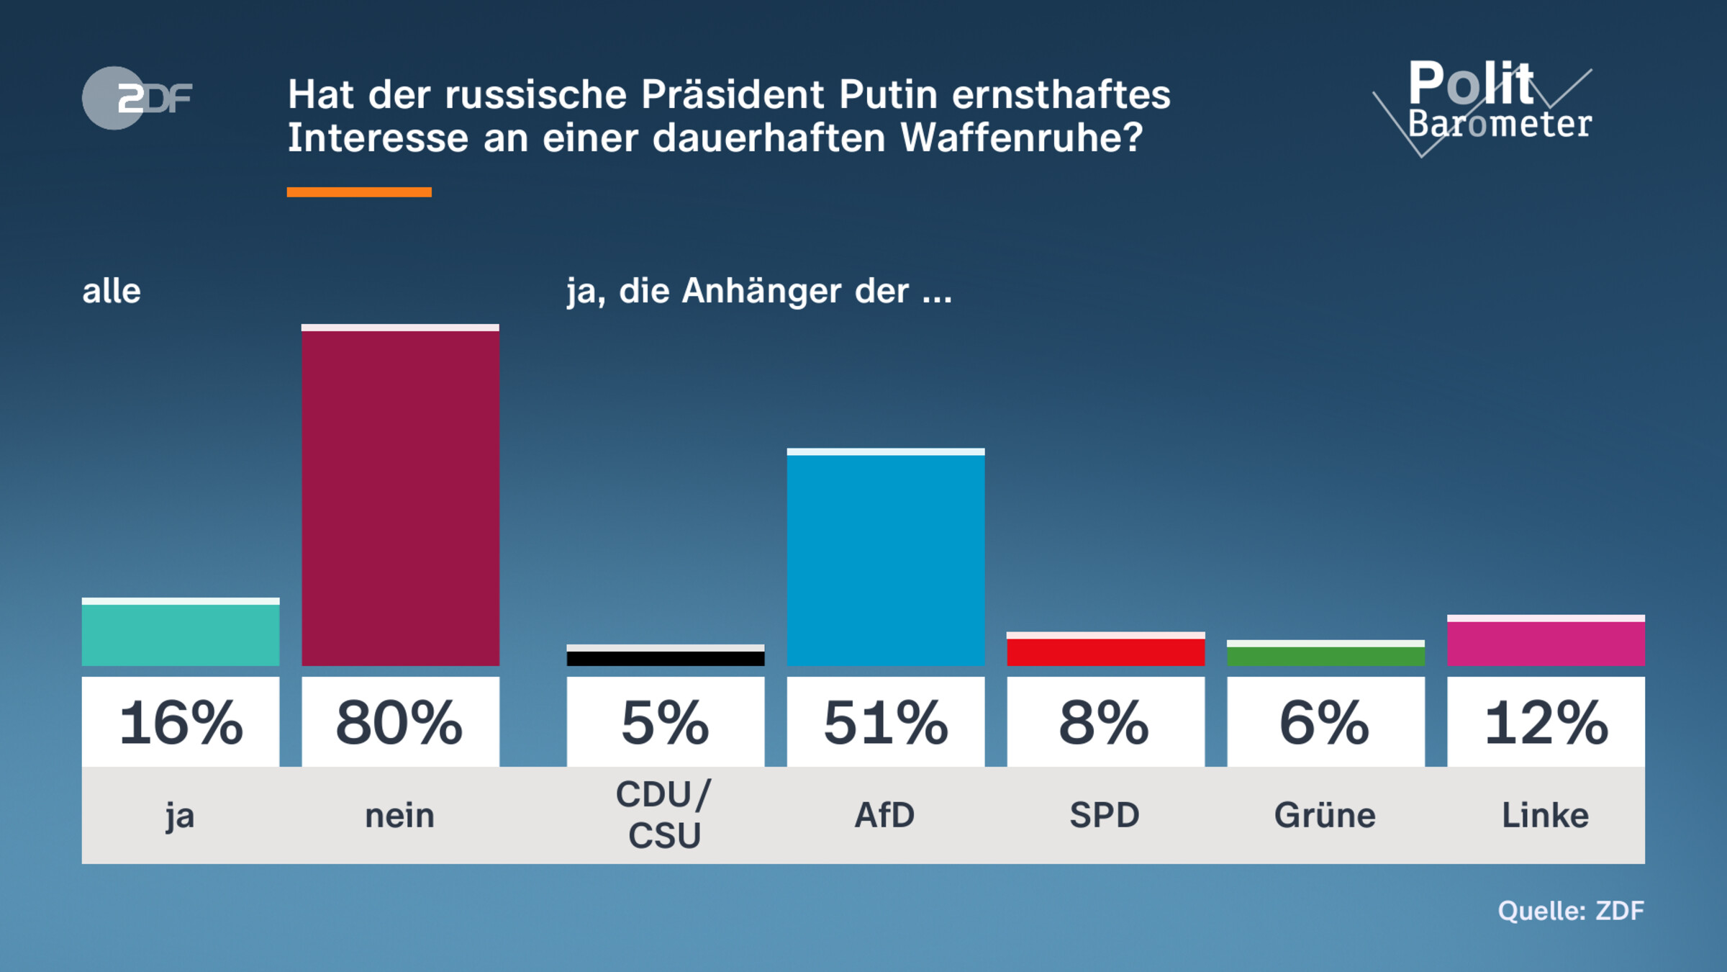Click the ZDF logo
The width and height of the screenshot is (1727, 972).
[x=137, y=98]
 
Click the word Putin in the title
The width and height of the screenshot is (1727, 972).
[x=889, y=94]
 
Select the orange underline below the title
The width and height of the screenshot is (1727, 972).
[x=359, y=192]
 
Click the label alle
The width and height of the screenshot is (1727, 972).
[x=112, y=292]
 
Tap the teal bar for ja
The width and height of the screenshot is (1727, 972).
[x=181, y=634]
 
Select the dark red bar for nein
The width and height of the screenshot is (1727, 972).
[x=400, y=497]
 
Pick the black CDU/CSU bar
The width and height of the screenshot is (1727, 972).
[x=666, y=657]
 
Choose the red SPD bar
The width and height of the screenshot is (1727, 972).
[x=1105, y=651]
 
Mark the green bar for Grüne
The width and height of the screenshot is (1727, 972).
[x=1325, y=655]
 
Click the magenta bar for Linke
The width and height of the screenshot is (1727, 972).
[x=1546, y=642]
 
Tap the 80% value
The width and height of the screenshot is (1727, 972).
[x=400, y=722]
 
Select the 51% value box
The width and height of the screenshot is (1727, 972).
[x=885, y=722]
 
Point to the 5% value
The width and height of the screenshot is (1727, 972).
[x=666, y=722]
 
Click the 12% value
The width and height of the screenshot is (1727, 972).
[x=1546, y=722]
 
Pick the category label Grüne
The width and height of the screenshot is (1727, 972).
[x=1325, y=816]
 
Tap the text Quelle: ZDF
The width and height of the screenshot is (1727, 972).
[x=1571, y=911]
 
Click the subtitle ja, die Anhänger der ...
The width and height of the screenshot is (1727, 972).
[x=759, y=292]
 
